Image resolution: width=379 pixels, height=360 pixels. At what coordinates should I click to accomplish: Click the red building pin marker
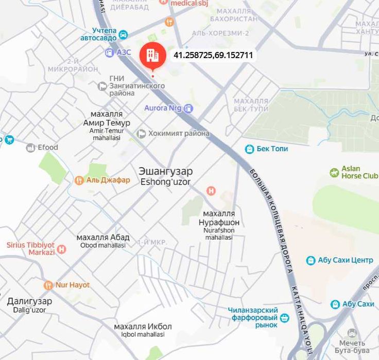(x=152, y=55)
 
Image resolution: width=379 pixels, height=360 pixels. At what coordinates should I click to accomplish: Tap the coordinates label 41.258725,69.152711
(x=213, y=55)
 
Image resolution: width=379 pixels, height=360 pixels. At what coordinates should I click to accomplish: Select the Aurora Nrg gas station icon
(x=188, y=108)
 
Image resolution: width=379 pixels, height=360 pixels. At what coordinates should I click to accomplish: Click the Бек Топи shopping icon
(x=249, y=149)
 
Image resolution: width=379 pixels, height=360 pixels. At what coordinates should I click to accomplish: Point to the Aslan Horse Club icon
(x=334, y=172)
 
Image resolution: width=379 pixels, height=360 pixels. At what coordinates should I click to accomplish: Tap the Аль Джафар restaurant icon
(x=79, y=181)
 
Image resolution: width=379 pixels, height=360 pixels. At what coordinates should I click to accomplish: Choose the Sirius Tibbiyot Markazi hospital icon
(x=62, y=249)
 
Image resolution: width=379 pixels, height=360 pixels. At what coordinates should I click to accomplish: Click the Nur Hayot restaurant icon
(x=48, y=285)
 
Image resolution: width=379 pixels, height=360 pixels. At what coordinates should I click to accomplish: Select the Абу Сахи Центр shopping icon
(x=311, y=261)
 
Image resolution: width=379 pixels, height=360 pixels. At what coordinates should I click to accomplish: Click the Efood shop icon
(x=30, y=148)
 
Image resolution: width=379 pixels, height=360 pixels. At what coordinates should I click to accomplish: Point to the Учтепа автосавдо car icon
(x=123, y=35)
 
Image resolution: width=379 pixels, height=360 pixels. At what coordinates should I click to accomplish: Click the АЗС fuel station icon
(x=109, y=52)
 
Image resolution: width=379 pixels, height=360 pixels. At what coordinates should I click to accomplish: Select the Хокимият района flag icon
(x=141, y=134)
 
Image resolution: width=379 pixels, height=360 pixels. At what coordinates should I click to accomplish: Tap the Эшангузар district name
(x=165, y=171)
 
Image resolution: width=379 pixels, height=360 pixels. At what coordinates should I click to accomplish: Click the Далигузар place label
(x=29, y=301)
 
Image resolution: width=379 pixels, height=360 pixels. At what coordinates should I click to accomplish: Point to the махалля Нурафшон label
(x=219, y=218)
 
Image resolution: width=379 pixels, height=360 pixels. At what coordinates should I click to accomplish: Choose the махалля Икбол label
(x=143, y=327)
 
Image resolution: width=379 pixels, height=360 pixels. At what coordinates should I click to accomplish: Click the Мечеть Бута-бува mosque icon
(x=352, y=334)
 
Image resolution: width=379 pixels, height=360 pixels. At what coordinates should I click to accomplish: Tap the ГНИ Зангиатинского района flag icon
(x=102, y=86)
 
